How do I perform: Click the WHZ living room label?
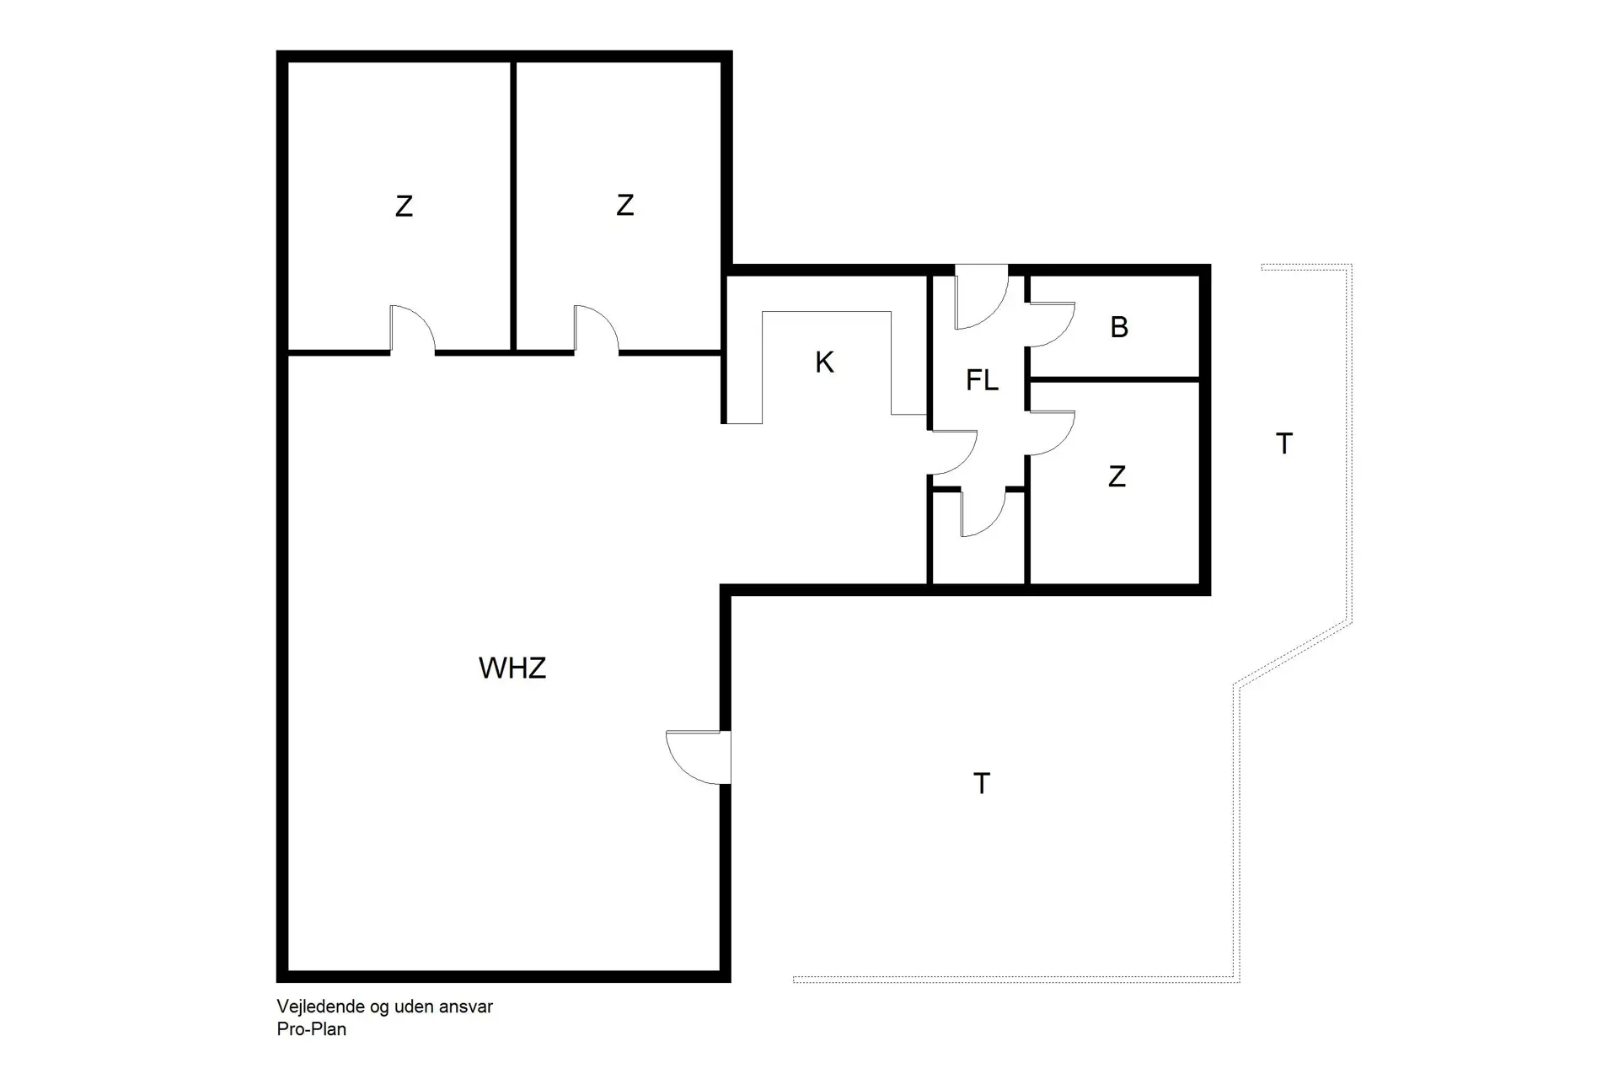point(512,668)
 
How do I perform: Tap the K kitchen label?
point(824,362)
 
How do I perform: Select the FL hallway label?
point(982,381)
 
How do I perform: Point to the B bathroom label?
point(1119,327)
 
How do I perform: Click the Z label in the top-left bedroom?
point(404,207)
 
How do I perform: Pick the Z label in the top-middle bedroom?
point(624,205)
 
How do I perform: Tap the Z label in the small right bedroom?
point(1117,477)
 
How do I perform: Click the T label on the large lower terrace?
point(981,784)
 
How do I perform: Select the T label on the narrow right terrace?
point(1283,443)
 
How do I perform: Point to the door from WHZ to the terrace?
point(698,757)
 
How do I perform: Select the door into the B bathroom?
point(1050,325)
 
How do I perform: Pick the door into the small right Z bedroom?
point(1050,433)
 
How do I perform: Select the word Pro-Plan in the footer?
point(312,1029)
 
